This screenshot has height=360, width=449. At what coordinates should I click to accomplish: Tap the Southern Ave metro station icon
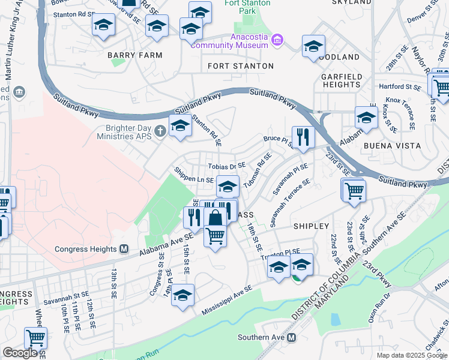coord(292,338)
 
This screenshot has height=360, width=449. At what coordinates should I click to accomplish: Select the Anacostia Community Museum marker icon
coord(277,41)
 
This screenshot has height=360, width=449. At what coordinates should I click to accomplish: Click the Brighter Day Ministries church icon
coord(160,131)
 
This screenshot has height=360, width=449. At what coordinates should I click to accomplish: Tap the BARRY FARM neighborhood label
coord(135,55)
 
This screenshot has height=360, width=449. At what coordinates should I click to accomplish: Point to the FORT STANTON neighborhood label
coord(241,66)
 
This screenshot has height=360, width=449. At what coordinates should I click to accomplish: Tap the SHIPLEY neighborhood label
coord(311,226)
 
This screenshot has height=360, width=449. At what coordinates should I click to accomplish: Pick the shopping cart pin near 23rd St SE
coord(354,191)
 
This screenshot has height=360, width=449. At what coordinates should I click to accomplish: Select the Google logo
coord(20,353)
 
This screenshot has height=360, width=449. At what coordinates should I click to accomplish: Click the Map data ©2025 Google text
coord(411,355)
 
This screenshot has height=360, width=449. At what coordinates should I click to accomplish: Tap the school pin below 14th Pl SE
coord(183,296)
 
